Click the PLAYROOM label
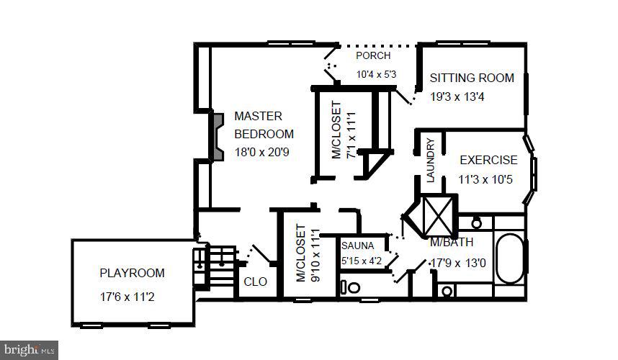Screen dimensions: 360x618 [x=132, y=274]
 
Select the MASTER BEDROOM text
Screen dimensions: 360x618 [x=264, y=125]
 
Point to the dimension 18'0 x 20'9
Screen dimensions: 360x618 [x=262, y=152]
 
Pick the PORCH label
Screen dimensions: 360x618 [x=373, y=55]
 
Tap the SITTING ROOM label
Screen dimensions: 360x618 [x=472, y=78]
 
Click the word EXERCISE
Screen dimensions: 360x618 [x=488, y=161]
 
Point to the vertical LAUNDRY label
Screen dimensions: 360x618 [x=431, y=160]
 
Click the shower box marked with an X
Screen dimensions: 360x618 [x=437, y=214]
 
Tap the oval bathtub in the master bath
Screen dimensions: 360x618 [x=511, y=258]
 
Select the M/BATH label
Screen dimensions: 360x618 [x=452, y=243]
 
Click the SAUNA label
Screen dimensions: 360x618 [x=358, y=246]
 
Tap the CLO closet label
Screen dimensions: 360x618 [x=255, y=282]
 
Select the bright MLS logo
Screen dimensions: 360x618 [x=29, y=350]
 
